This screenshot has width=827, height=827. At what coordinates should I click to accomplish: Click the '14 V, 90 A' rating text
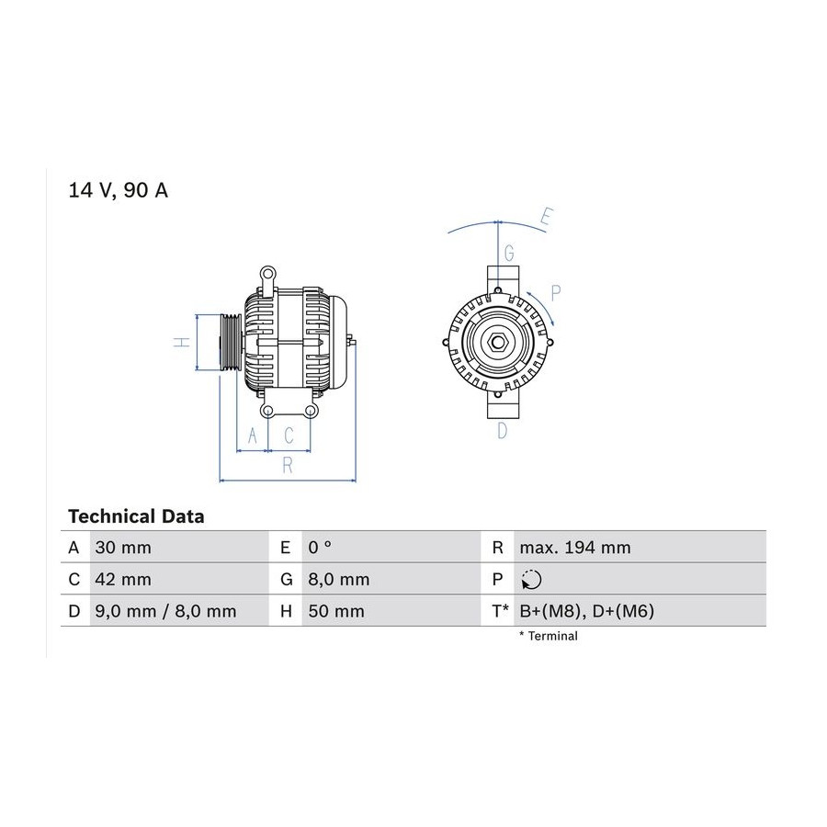pos(119,190)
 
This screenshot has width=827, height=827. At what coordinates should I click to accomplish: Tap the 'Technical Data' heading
pos(136,516)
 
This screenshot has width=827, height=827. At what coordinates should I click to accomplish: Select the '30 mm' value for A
pos(123,548)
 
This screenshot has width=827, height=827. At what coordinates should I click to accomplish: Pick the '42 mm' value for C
pos(123,579)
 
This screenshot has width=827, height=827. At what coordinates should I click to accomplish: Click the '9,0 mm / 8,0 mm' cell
pos(165,611)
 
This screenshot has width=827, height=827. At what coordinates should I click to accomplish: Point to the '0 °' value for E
pos(320,548)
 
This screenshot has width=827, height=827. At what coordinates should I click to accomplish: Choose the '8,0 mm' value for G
pos(338,579)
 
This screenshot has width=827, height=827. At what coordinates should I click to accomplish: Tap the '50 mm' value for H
pos(336,611)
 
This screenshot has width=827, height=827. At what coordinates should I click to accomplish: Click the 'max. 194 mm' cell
pos(575,548)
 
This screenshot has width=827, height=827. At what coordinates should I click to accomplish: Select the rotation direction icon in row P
pos(531,580)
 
